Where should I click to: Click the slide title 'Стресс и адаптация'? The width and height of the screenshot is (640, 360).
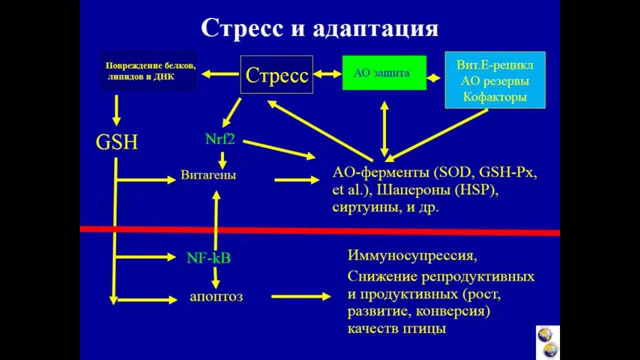click(319, 29)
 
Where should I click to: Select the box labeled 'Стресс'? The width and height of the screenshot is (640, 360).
click(276, 74)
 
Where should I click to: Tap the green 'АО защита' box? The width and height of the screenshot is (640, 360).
click(384, 73)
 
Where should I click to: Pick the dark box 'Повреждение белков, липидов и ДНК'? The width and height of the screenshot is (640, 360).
click(148, 70)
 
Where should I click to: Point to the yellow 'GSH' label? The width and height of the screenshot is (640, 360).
click(116, 143)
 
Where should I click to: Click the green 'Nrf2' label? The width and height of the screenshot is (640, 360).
click(220, 139)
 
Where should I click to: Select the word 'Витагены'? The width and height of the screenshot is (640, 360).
click(208, 175)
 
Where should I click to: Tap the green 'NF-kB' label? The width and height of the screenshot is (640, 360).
click(208, 258)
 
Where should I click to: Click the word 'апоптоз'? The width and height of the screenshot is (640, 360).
click(216, 296)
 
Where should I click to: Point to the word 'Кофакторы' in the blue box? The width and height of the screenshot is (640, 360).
click(494, 96)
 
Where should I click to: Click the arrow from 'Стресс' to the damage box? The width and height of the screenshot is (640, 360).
click(220, 74)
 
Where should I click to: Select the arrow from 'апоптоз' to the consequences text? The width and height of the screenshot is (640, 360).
click(300, 296)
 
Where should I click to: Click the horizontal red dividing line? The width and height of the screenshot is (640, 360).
click(320, 230)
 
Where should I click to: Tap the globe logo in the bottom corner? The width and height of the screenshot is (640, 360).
click(547, 342)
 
